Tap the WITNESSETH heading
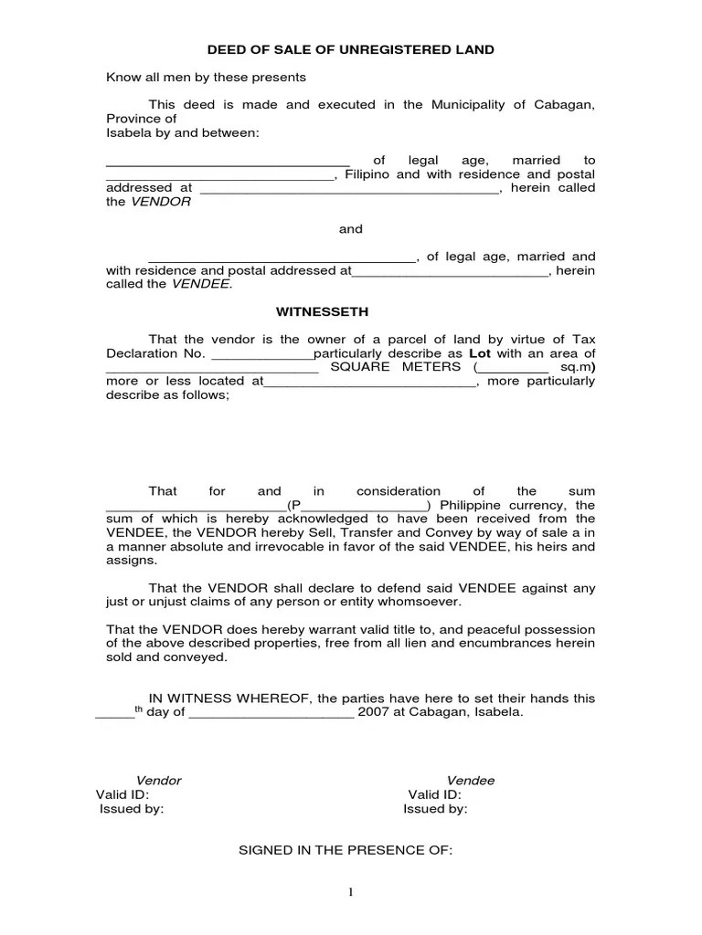click(x=351, y=311)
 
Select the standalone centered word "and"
click(x=351, y=229)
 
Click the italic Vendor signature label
click(x=159, y=781)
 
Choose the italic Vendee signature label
click(x=470, y=781)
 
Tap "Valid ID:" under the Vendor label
click(x=122, y=794)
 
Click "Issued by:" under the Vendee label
click(x=436, y=809)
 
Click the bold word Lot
click(x=481, y=353)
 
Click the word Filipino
click(x=367, y=174)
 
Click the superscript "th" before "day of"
click(x=140, y=709)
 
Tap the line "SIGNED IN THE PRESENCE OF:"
click(x=346, y=849)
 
